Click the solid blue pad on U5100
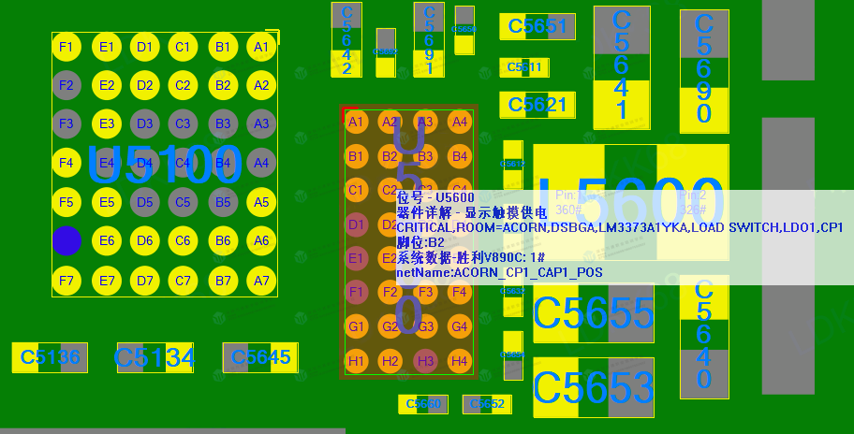pos(66,240)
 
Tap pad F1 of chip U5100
pos(66,47)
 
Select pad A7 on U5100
pos(261,281)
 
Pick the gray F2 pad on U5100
pos(66,85)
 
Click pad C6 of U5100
pos(183,241)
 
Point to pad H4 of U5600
pos(459,361)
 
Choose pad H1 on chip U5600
pos(356,361)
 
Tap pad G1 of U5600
pos(356,327)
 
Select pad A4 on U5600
pos(459,122)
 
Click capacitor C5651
pos(537,27)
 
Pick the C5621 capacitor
pos(537,105)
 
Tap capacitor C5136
pos(50,357)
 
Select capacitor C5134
pos(155,357)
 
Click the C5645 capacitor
pos(260,357)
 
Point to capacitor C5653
pos(593,387)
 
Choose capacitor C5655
pos(593,313)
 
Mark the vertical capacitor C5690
pos(704,71)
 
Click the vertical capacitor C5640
pos(704,335)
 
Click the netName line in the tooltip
pos(499,273)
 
